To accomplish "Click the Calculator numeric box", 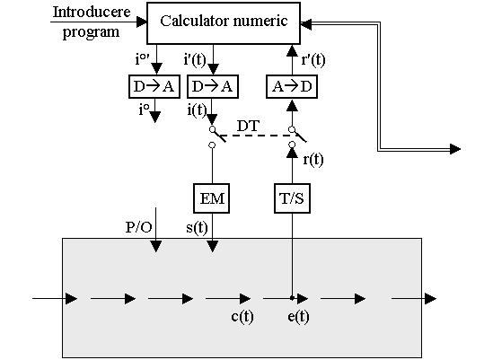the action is coord(224,23).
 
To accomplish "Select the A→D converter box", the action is coord(292,86).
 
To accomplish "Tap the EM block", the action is coord(211,198).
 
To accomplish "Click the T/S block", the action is coord(292,198).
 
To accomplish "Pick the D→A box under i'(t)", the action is coord(213,86).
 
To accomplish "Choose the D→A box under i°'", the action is coord(154,86).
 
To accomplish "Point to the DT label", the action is coord(248,126).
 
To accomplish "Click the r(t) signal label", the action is coord(313,160).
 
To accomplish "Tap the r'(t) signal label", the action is coord(313,59).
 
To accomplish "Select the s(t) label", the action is coord(197,227).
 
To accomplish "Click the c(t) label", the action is coord(242,316).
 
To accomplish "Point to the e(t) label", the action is coord(298,316).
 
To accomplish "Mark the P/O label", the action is coord(138,227).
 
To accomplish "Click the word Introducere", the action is coord(92,12).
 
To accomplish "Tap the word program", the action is coord(91,32).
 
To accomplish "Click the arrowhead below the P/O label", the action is coord(156,247).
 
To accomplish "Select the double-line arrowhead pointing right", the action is coord(455,149).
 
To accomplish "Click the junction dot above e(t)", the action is coord(292,297).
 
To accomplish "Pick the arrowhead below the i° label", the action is coord(155,117).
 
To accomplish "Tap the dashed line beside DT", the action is coord(258,136).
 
